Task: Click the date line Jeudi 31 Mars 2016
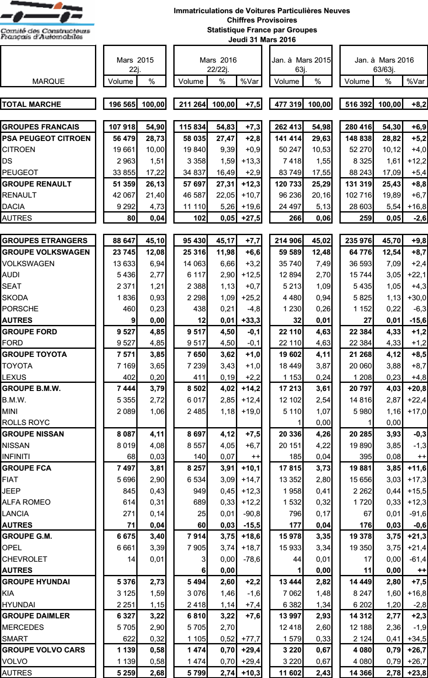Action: pos(261,40)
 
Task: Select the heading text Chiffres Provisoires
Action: pos(262,20)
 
